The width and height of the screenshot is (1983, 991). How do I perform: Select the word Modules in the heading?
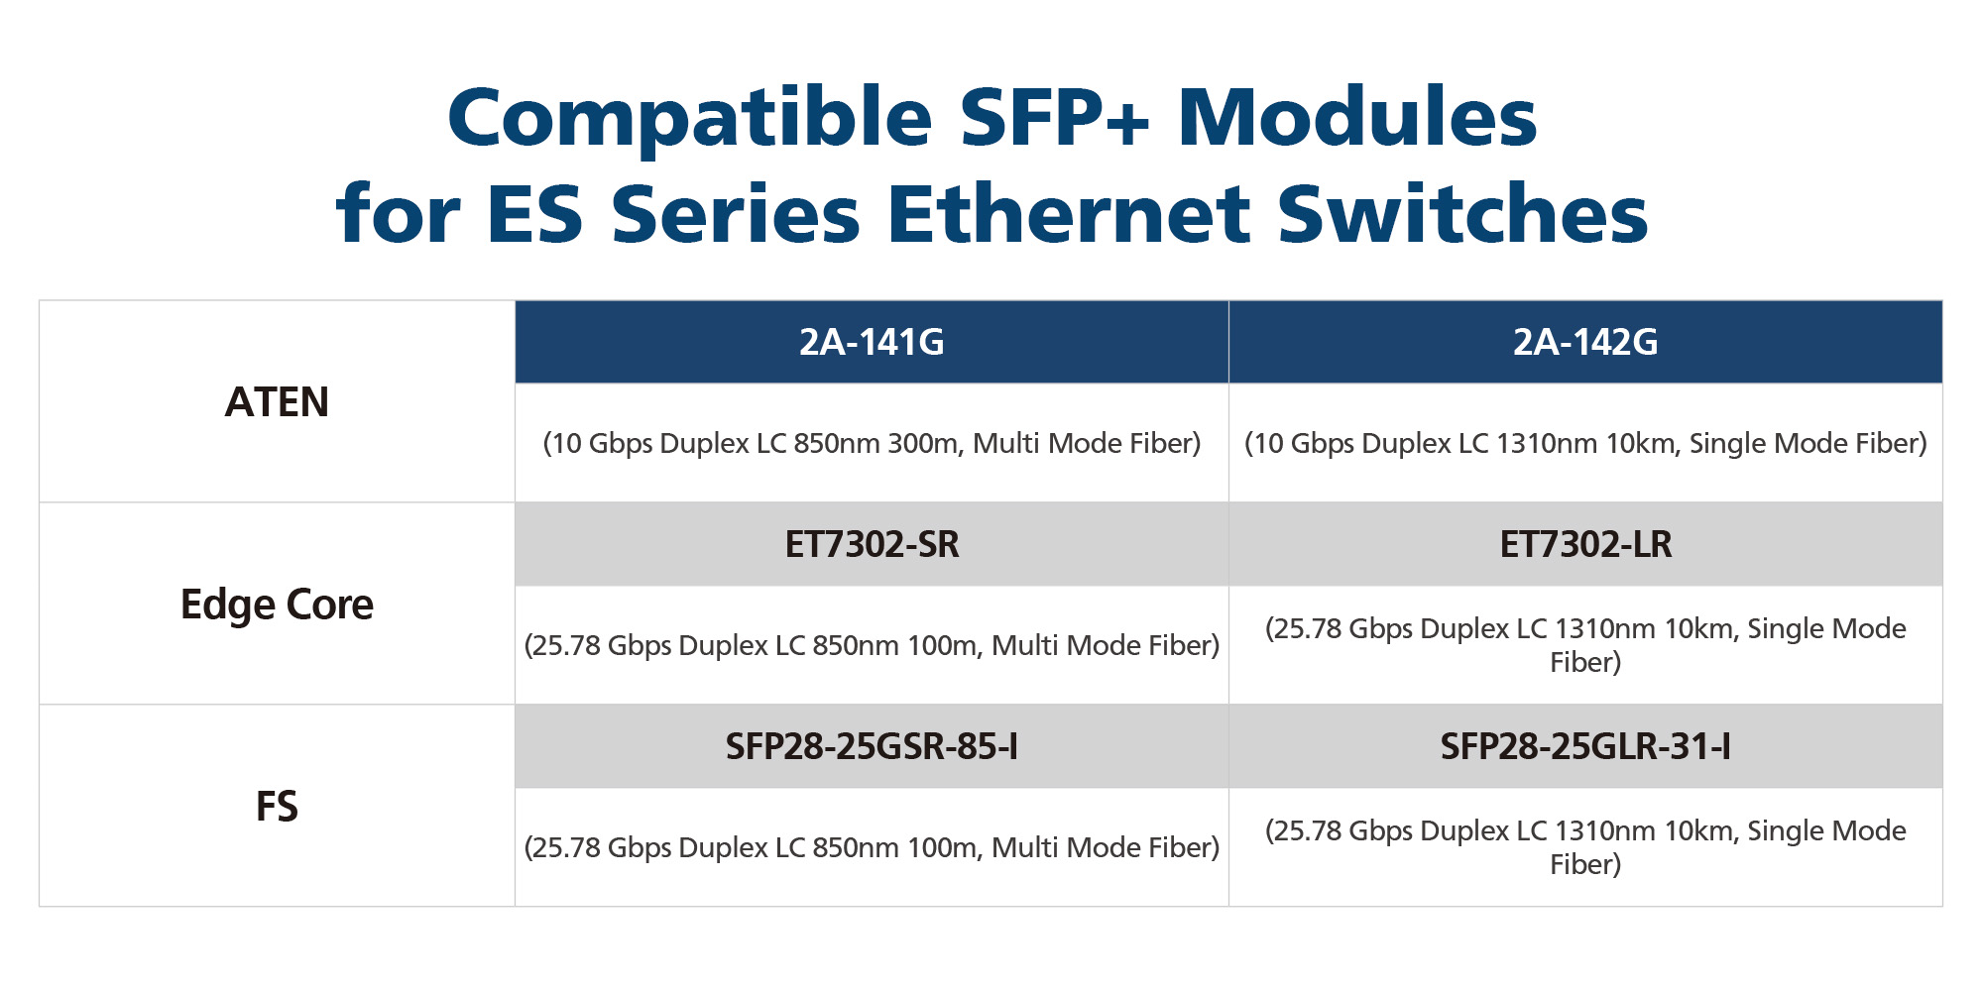(1357, 116)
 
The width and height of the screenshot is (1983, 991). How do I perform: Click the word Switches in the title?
(1462, 212)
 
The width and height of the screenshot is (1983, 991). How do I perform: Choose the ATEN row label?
(277, 402)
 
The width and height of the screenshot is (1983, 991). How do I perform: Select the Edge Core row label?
(277, 606)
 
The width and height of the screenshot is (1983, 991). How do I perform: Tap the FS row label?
(277, 807)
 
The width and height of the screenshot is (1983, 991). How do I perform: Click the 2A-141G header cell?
(872, 342)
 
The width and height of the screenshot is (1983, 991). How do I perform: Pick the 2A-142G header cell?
(1585, 342)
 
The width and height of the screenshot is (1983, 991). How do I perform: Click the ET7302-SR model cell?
(872, 544)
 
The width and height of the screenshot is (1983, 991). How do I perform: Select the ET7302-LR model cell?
(1585, 544)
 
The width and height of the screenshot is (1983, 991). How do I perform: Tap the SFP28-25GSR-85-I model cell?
(872, 746)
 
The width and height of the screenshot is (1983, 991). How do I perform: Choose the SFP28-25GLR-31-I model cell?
(1585, 746)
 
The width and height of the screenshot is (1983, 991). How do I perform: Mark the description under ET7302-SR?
(872, 645)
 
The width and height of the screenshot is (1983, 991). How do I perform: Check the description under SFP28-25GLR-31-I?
(1585, 847)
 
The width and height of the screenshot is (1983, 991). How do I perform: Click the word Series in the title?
(735, 213)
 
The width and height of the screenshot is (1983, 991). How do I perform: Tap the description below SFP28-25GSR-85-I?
(872, 847)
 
